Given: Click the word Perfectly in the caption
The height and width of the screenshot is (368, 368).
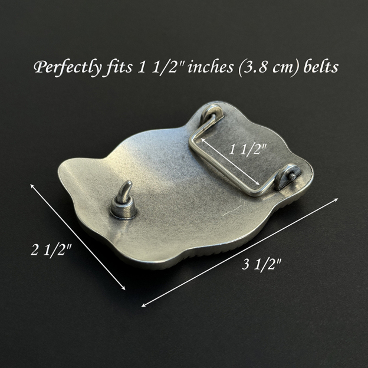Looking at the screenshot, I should click(65, 67).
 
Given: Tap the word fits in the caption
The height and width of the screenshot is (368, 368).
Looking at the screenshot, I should click(116, 67).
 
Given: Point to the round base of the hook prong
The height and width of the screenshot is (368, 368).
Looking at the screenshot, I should click(124, 209).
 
